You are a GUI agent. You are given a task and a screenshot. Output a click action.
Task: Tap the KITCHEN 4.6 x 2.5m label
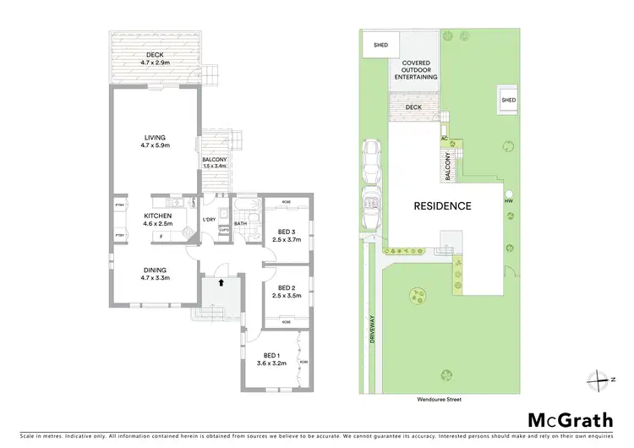[x=157, y=221]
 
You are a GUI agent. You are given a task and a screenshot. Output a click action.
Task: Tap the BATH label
[x=240, y=224]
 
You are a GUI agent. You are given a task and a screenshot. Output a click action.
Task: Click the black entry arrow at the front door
[x=221, y=283]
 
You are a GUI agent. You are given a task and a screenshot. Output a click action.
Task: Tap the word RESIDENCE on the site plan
[x=442, y=206]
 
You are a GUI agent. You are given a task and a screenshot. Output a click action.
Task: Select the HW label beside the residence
[x=509, y=201]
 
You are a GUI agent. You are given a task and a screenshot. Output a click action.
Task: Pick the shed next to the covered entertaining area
[x=371, y=46]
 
